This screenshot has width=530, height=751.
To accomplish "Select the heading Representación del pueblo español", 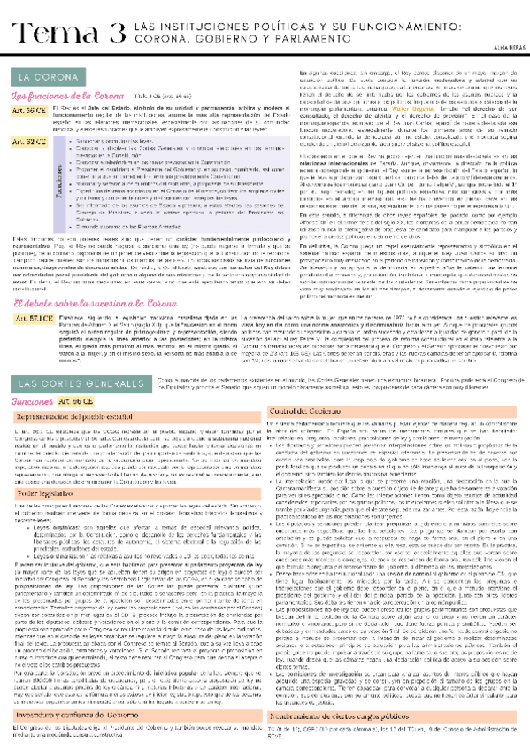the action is [x=71, y=391].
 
